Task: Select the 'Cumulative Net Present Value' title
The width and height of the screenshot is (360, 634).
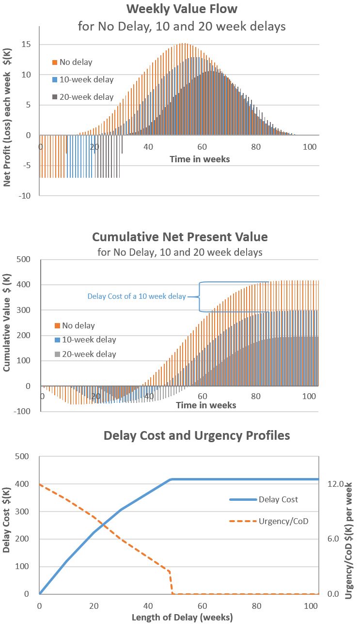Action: (180, 237)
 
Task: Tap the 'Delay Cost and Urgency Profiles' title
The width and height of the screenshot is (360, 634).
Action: (197, 435)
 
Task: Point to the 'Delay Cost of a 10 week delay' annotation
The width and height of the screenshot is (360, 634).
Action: (137, 296)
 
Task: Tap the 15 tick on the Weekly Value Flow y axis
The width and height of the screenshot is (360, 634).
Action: (27, 45)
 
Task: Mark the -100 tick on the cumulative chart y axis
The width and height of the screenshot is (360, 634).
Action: (23, 412)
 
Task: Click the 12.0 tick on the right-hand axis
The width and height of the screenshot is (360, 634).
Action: (334, 484)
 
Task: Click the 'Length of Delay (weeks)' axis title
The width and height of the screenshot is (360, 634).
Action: (182, 618)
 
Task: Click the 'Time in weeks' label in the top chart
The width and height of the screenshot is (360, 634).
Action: (200, 159)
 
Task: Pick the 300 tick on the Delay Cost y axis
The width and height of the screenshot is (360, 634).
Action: (22, 511)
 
